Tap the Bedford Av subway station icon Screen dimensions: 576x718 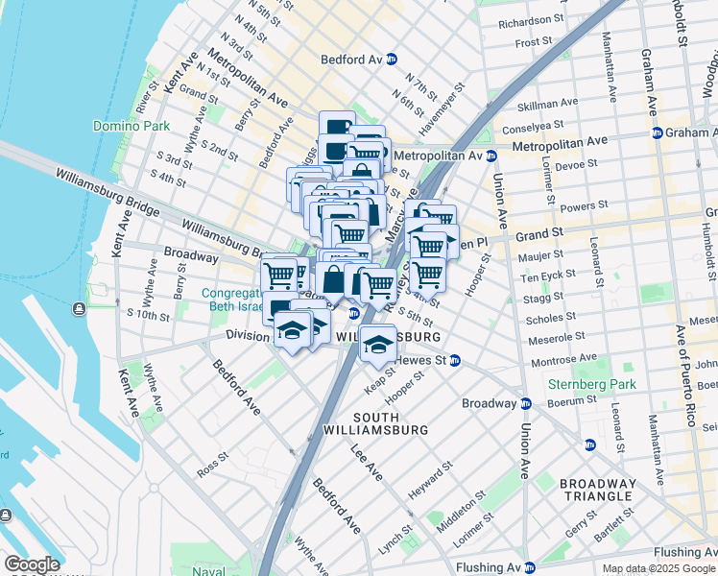[392, 60]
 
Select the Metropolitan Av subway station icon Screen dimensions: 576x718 [491, 156]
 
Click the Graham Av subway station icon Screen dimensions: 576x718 [657, 132]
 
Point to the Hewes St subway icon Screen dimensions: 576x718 [455, 361]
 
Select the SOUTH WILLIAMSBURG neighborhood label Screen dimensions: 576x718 [390, 423]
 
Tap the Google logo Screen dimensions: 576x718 [31, 564]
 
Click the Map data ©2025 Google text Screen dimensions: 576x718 [658, 568]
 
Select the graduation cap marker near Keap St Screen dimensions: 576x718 [378, 342]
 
